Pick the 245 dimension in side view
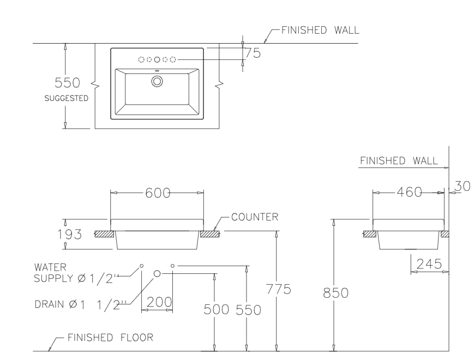pos(429,264)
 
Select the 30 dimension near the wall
pos(462,187)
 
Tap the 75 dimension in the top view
pos(252,53)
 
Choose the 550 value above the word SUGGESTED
pos(68,83)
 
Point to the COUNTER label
pos(255,217)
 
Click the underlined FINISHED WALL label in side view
pos(399,160)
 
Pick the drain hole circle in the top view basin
pos(157,81)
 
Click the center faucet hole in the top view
pos(157,59)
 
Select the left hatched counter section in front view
pos(104,235)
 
